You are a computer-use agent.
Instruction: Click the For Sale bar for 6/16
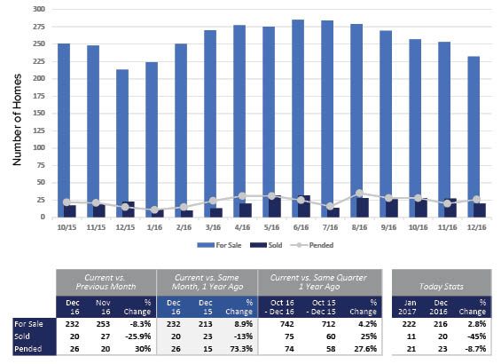click(298, 118)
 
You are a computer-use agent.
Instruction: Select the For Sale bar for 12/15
click(122, 143)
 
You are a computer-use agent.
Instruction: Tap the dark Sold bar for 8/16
click(363, 208)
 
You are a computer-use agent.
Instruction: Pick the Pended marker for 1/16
click(154, 210)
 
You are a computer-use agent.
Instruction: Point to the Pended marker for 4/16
click(242, 195)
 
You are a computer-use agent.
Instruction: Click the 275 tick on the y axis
click(39, 27)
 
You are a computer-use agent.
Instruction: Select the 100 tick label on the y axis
click(39, 147)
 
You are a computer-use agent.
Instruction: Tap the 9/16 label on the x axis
click(388, 227)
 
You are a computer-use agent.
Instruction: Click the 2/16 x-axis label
click(184, 227)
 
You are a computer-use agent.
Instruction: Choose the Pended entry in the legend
click(312, 245)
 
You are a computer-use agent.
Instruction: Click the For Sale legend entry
click(219, 245)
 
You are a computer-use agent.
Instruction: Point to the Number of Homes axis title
click(17, 120)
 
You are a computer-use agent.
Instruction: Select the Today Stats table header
click(442, 287)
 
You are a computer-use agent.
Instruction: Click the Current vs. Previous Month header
click(106, 282)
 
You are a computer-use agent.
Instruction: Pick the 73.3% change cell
click(241, 349)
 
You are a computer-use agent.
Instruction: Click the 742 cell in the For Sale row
click(287, 324)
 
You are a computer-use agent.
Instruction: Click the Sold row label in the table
click(22, 336)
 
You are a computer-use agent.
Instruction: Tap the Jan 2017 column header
click(410, 307)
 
